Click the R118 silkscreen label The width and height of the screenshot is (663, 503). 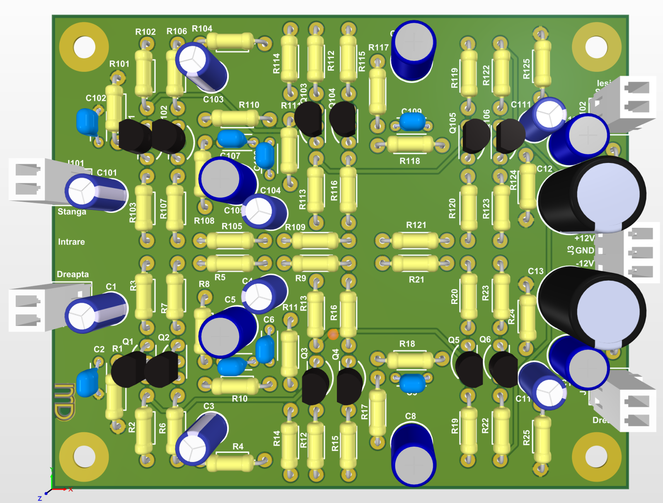coord(409,161)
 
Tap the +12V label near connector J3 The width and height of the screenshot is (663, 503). coord(584,238)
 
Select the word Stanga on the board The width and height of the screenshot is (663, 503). coord(72,211)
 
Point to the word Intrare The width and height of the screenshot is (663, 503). coord(71,242)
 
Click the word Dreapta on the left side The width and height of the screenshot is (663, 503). coord(73,274)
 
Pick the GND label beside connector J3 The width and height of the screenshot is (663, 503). coord(585,250)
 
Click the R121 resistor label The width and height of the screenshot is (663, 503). coord(416,225)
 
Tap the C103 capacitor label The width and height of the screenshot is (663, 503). coord(213,100)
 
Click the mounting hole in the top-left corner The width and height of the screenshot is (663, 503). coord(84,47)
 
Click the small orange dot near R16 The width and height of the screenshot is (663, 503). coord(333,334)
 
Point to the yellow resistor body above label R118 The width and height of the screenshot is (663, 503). coord(410,144)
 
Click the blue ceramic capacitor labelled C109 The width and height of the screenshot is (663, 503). coord(413,122)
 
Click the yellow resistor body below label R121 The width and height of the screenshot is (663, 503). coord(414,263)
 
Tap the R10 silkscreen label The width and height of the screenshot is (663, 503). coord(240,399)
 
